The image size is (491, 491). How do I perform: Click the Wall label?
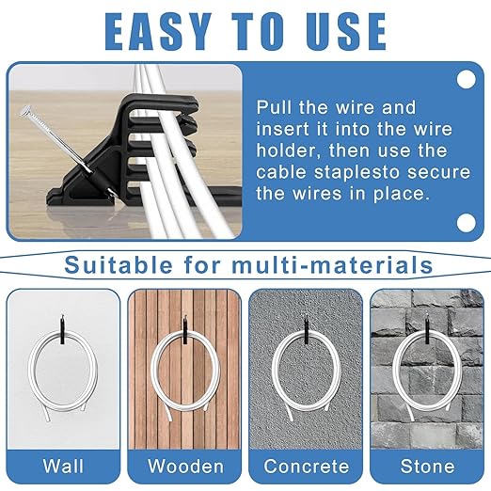pyautogui.click(x=62, y=466)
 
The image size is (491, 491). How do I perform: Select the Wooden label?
pyautogui.click(x=185, y=466)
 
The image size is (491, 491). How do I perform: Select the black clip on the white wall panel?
pyautogui.click(x=64, y=329)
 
